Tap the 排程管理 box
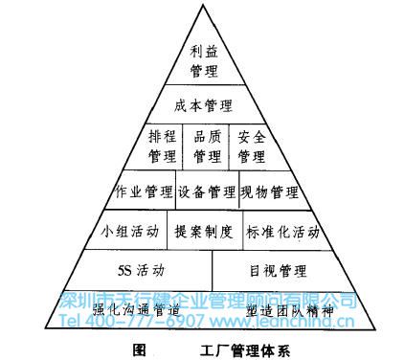[163, 146]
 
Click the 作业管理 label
[145, 190]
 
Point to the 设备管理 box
[206, 190]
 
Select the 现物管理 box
[269, 190]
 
